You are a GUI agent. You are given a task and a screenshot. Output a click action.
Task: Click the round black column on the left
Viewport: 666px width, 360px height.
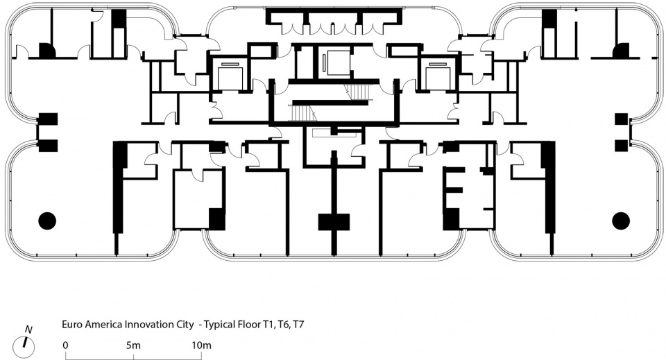tap(47, 221)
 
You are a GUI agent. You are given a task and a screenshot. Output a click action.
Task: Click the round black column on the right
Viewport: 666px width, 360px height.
tap(621, 221)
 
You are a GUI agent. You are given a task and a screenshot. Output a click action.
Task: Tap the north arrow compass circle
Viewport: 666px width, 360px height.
tap(24, 346)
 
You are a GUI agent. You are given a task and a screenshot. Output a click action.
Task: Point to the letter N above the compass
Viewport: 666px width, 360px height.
tap(29, 329)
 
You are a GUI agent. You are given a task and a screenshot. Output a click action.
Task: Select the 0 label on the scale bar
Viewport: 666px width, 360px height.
tap(65, 345)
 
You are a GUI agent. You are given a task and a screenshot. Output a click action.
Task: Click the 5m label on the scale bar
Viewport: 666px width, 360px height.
tap(133, 345)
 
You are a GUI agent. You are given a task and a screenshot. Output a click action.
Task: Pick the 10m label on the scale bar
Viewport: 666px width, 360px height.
tap(201, 345)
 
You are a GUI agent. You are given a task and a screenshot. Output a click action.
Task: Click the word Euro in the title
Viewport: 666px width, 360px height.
tap(72, 325)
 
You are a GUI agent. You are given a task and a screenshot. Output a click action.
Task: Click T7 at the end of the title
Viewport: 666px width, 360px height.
tap(298, 325)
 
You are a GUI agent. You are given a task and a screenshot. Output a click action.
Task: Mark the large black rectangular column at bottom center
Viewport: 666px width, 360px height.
tap(334, 222)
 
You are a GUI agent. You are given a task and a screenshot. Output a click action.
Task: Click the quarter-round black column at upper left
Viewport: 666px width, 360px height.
tap(47, 50)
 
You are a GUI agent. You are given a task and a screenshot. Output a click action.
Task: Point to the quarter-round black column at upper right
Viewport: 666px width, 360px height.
tap(621, 50)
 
